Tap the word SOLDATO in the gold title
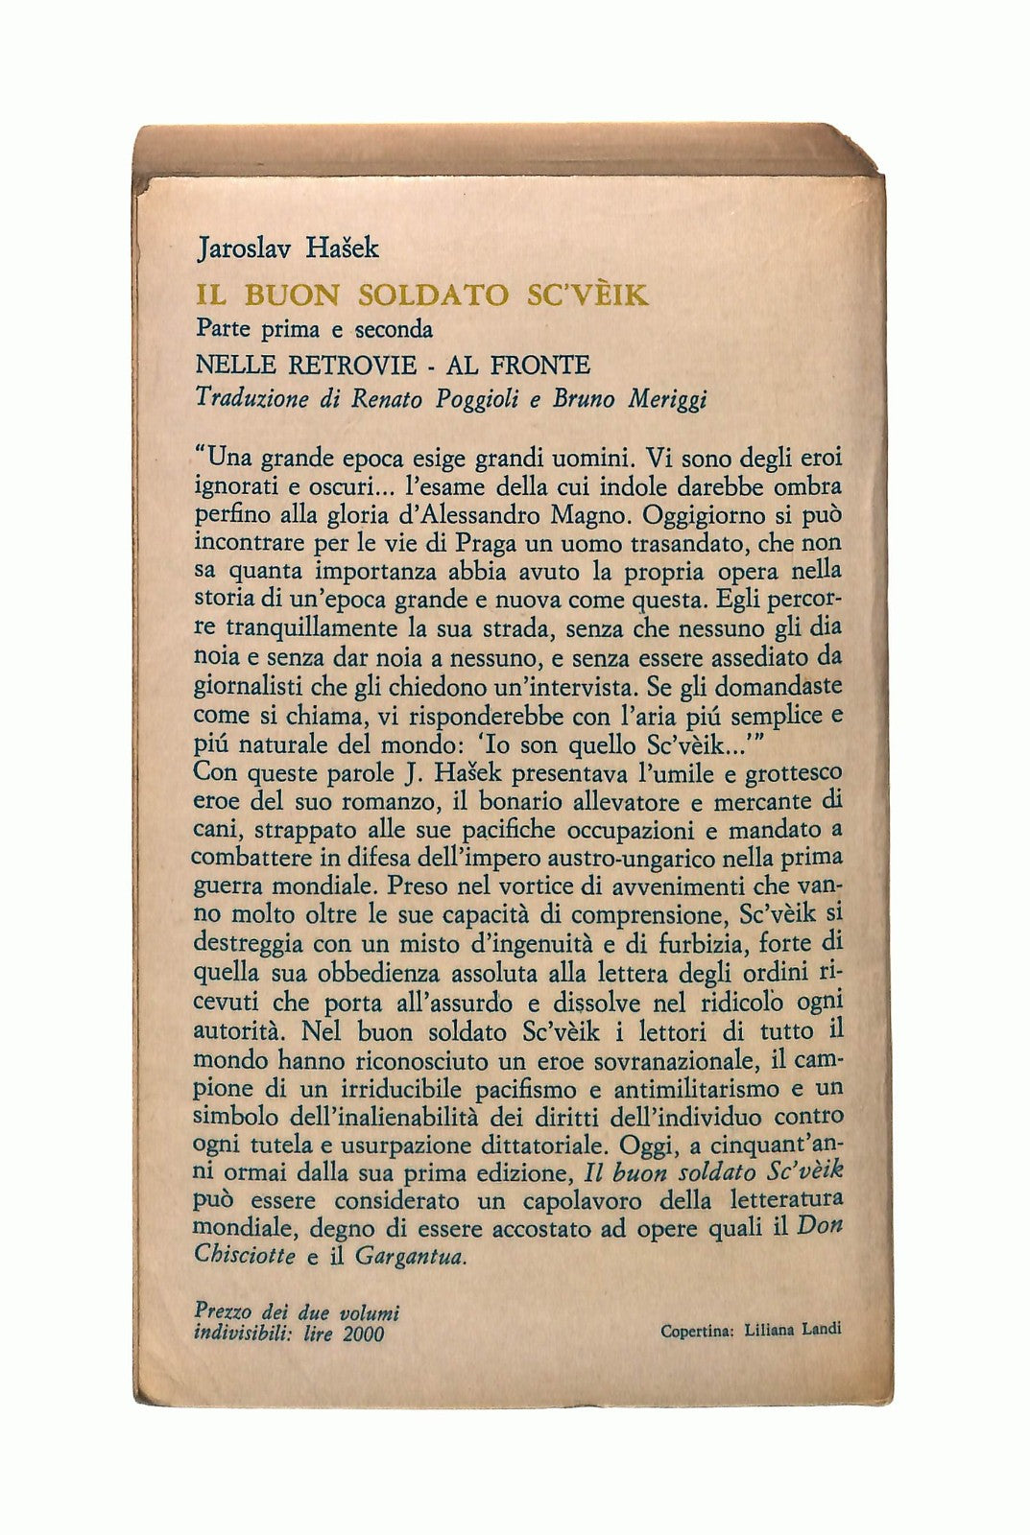tap(428, 294)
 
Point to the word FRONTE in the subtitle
tap(542, 365)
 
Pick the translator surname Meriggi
tap(667, 398)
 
